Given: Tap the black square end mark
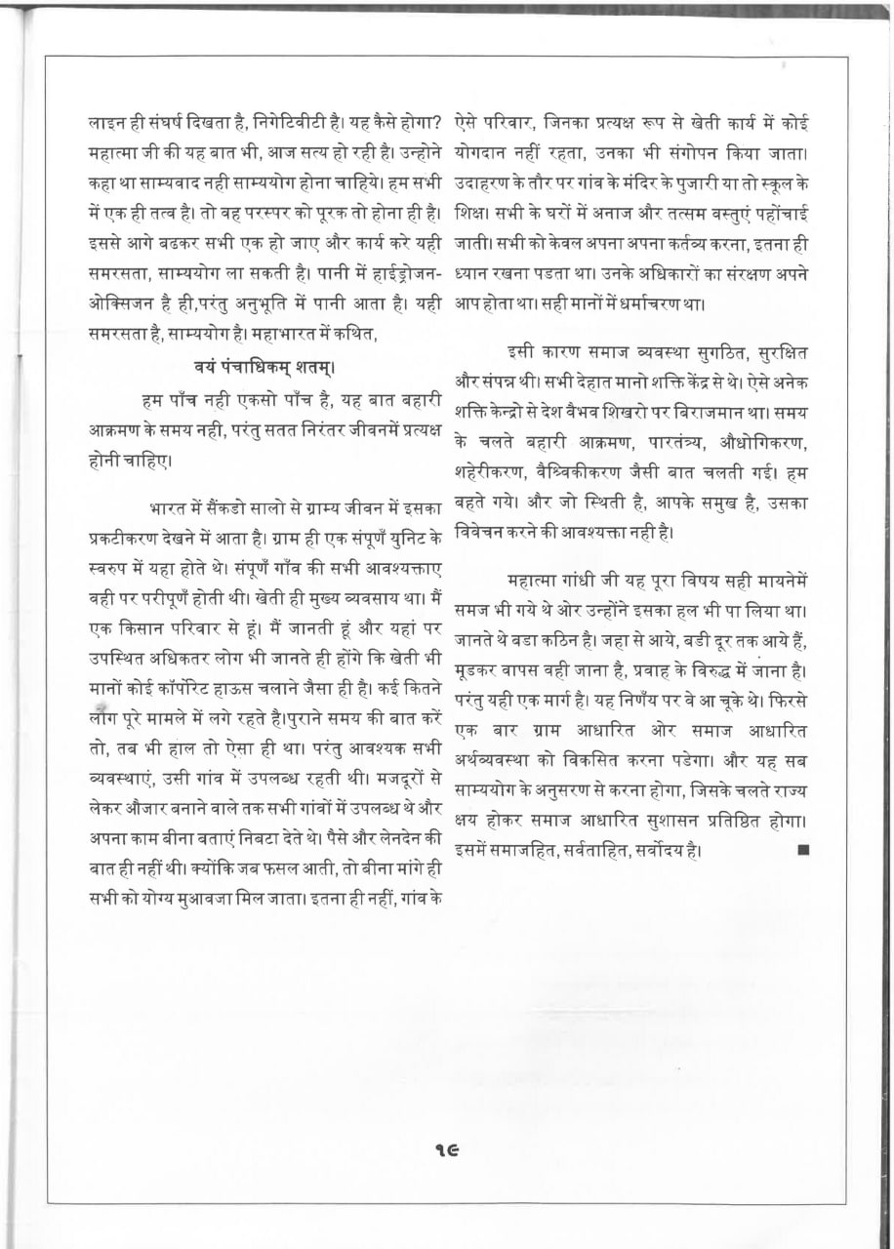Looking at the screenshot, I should click(803, 850).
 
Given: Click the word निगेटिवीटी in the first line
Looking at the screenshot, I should click(274, 125).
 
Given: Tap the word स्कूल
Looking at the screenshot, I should click(773, 182).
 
